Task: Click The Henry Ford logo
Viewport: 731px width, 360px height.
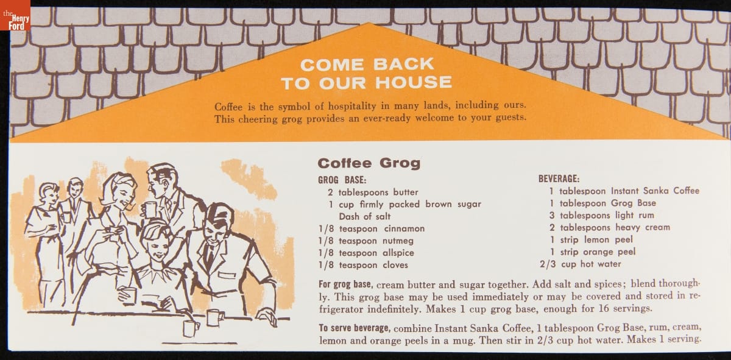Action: [x=15, y=15]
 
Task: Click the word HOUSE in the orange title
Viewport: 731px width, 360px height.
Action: [x=414, y=82]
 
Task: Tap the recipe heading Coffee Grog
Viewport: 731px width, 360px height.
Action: [x=369, y=163]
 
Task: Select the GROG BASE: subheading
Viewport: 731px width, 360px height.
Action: [x=342, y=180]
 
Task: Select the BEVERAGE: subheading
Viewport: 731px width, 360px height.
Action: [x=559, y=179]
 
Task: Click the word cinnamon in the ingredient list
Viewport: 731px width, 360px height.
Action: [x=404, y=228]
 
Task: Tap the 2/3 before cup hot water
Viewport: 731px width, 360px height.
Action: [x=547, y=264]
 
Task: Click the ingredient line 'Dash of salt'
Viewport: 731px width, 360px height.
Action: [x=364, y=216]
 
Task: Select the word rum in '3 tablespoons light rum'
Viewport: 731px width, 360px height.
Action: [x=646, y=216]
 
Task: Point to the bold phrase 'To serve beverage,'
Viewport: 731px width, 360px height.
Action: [x=354, y=328]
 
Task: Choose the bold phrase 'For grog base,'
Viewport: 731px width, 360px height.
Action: [x=345, y=284]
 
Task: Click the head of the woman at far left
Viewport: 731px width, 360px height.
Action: [x=49, y=192]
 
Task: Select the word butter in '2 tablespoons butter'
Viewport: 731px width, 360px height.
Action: [x=406, y=192]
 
